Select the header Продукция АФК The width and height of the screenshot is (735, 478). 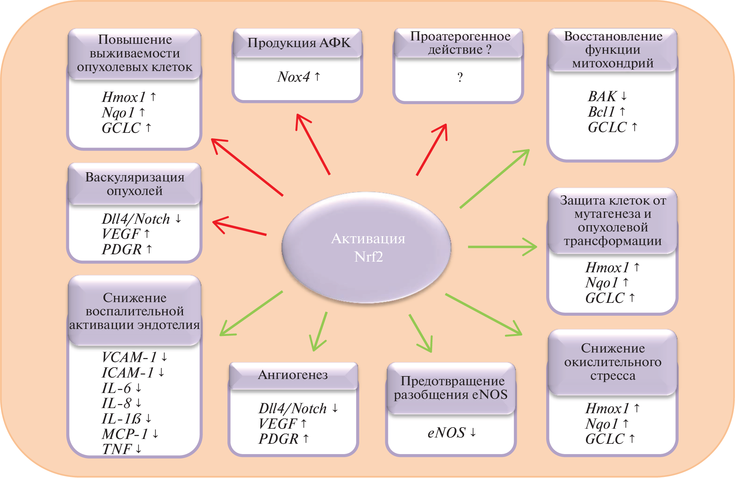point(298,43)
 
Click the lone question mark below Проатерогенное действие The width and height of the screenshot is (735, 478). point(460,77)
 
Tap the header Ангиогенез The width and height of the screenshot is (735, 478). point(293,375)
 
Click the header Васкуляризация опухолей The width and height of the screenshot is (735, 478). point(135,184)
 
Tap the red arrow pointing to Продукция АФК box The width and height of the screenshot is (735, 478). point(313,144)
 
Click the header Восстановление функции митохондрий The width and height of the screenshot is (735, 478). point(613,50)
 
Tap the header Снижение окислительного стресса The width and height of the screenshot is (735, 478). point(613,362)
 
